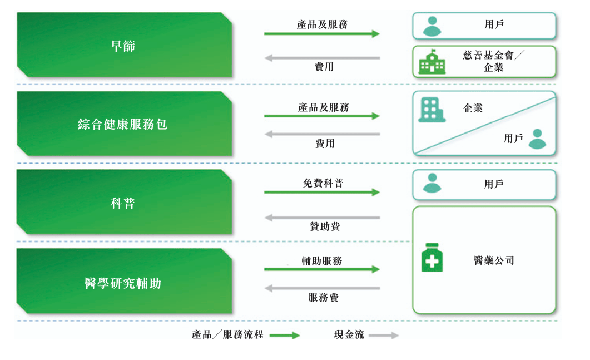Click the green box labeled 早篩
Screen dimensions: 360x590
point(123,46)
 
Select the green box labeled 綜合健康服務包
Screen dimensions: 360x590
point(123,124)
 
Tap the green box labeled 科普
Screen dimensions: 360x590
point(123,203)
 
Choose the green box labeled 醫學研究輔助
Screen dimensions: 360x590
point(123,283)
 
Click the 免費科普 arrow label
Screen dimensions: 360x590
point(323,183)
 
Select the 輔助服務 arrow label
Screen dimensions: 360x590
point(322,260)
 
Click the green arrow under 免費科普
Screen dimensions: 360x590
point(321,193)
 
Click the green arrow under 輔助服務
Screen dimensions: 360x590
point(321,269)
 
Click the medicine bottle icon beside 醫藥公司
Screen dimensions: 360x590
point(432,258)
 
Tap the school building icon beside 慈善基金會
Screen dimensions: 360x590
point(432,63)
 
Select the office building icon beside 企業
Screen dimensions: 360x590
point(431,110)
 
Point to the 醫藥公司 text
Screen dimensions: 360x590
point(494,260)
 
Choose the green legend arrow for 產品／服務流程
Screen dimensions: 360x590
point(285,336)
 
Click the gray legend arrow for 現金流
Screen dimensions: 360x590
point(384,336)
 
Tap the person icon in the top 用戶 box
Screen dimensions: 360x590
point(431,26)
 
